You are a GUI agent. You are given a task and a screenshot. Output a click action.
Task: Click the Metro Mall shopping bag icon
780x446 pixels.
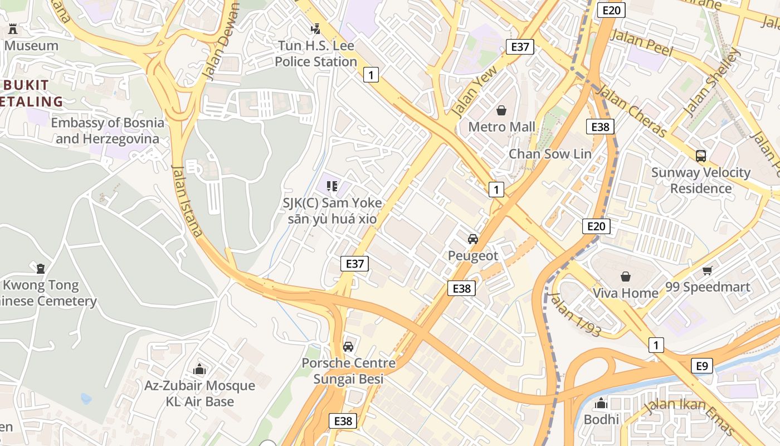point(501,110)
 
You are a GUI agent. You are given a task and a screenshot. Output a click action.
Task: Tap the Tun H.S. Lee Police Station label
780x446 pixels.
point(316,54)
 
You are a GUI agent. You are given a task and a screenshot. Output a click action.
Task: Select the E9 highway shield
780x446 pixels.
point(702,366)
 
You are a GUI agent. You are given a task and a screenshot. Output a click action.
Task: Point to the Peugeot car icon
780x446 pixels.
point(473,239)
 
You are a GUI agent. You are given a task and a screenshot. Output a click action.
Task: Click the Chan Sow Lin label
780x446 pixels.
point(550,154)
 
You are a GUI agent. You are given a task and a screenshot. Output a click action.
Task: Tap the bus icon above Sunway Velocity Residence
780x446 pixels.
point(701,156)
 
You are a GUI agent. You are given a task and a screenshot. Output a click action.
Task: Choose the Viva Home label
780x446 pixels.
point(625,293)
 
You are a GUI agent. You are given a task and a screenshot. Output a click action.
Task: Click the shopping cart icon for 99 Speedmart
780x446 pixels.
point(707,271)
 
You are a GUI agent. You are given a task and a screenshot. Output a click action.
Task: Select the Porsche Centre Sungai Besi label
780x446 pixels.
point(349,371)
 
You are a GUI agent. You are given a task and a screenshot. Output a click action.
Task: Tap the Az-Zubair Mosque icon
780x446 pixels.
point(199,369)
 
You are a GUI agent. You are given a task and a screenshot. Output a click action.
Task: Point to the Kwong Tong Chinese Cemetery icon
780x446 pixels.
point(41,269)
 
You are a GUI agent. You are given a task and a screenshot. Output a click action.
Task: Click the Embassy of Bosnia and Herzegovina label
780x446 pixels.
point(108,130)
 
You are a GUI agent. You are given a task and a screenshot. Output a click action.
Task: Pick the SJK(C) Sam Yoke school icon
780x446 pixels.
point(332,186)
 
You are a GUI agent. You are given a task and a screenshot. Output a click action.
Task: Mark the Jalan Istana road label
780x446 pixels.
point(187,201)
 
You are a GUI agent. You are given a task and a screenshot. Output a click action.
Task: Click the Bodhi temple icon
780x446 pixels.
point(601,403)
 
